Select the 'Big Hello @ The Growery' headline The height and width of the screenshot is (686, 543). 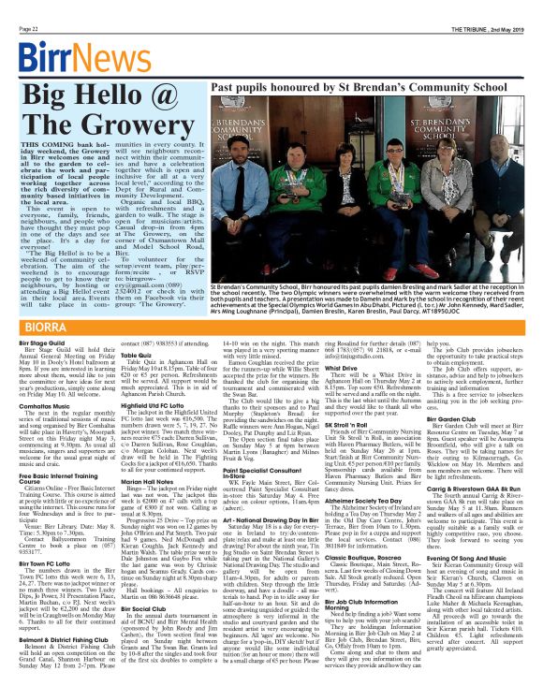click(110, 116)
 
